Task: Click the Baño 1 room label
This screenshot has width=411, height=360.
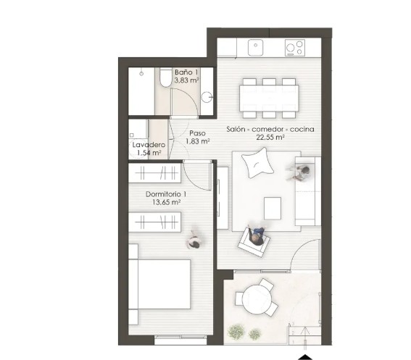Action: (186, 72)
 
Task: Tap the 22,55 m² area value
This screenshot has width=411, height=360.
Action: (270, 138)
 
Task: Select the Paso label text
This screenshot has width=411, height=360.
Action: (197, 133)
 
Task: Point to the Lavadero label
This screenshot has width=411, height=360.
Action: (149, 145)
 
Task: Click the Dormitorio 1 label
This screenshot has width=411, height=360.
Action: (166, 194)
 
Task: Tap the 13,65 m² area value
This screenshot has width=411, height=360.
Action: (166, 202)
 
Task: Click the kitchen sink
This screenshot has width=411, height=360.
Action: (255, 47)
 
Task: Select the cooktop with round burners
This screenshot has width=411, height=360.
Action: (295, 47)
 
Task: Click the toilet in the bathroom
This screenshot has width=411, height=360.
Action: (165, 78)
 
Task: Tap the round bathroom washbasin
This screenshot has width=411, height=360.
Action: (207, 97)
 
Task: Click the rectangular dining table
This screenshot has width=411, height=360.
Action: (269, 98)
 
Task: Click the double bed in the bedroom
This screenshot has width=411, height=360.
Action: (159, 284)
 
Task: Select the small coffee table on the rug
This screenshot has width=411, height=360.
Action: (273, 209)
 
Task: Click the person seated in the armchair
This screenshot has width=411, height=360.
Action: (256, 235)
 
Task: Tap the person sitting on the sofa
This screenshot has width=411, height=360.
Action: (300, 172)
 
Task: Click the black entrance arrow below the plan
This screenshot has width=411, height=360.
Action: (305, 357)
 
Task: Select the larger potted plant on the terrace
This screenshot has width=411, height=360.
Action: (236, 332)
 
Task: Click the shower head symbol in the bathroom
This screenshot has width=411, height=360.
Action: (141, 73)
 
